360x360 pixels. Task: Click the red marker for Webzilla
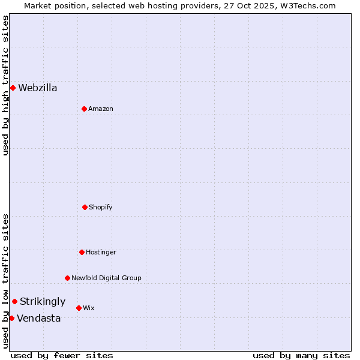pyautogui.click(x=13, y=88)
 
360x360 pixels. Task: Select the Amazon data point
pyautogui.click(x=84, y=109)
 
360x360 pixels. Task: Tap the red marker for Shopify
pyautogui.click(x=85, y=207)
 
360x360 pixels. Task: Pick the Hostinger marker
pyautogui.click(x=82, y=252)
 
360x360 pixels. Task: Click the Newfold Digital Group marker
pyautogui.click(x=67, y=278)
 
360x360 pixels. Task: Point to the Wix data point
pyautogui.click(x=79, y=308)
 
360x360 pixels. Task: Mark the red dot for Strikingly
pyautogui.click(x=14, y=301)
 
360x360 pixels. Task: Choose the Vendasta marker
pyautogui.click(x=11, y=318)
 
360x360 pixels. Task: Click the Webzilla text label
pyautogui.click(x=38, y=88)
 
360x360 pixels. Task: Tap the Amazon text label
pyautogui.click(x=101, y=109)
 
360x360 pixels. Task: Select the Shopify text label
pyautogui.click(x=101, y=207)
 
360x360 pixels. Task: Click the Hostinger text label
pyautogui.click(x=101, y=252)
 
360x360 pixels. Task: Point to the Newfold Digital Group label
pyautogui.click(x=106, y=278)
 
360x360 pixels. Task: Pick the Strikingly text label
pyautogui.click(x=43, y=301)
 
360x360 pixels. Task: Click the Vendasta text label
pyautogui.click(x=39, y=318)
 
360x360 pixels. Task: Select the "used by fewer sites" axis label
pyautogui.click(x=62, y=355)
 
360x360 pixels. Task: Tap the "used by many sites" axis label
pyautogui.click(x=301, y=355)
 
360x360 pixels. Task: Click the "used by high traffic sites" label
pyautogui.click(x=5, y=85)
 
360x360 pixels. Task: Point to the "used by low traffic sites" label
pyautogui.click(x=5, y=281)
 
